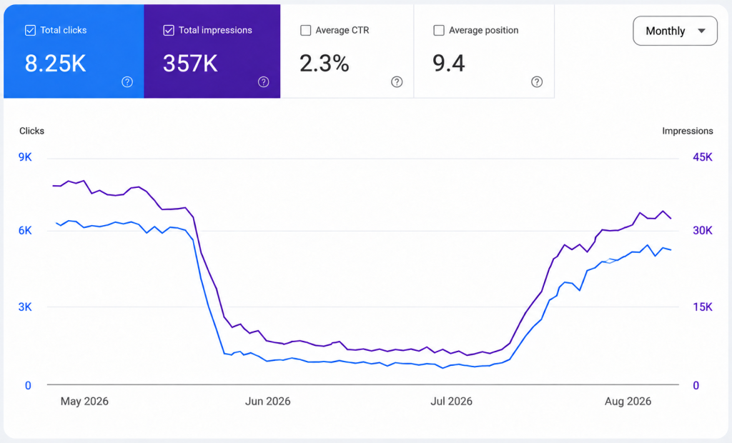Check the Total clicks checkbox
point(30,30)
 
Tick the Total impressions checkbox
point(169,30)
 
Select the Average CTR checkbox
point(306,30)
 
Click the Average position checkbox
point(439,30)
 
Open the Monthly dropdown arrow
point(701,31)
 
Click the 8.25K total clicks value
point(55,64)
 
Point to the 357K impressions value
point(190,64)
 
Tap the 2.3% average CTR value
point(324,64)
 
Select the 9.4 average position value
point(449,64)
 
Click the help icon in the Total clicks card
point(127,82)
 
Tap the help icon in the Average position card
point(537,82)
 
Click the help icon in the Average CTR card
point(397,82)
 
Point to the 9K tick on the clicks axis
point(25,157)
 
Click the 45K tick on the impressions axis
point(703,157)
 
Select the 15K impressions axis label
point(703,307)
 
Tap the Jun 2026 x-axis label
point(268,402)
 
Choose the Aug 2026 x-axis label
point(628,402)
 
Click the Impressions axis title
point(688,131)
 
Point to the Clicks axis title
point(31,131)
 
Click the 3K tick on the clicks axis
point(25,307)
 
